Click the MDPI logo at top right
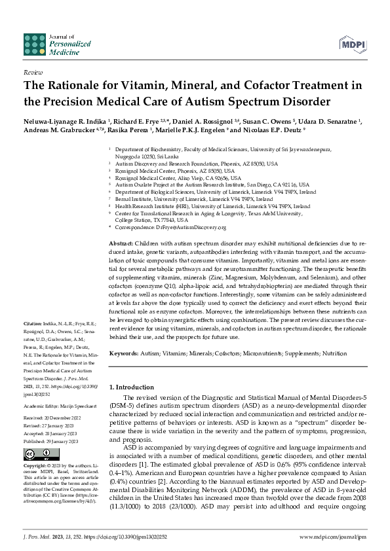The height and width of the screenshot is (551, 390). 353,44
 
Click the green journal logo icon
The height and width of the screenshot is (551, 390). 36,43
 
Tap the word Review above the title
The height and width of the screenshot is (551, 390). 33,73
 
